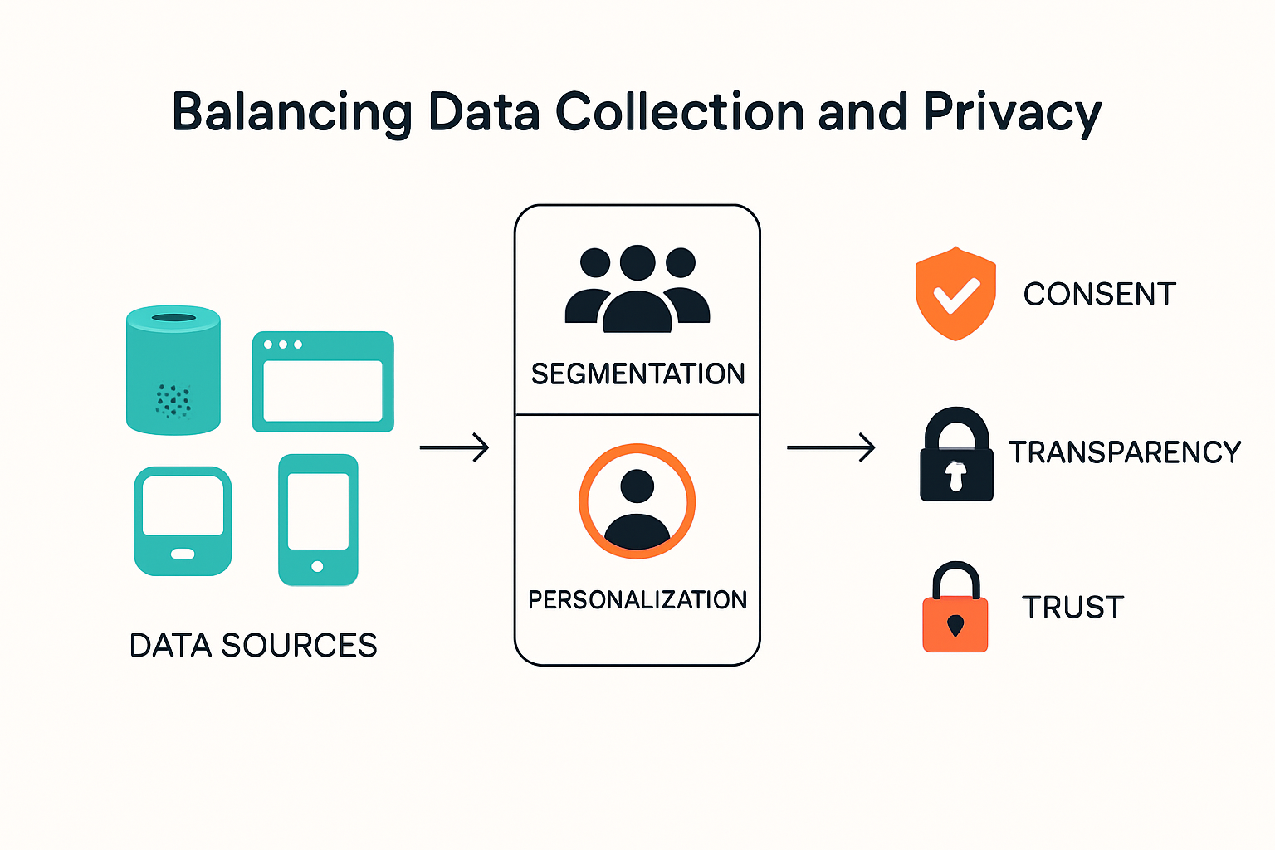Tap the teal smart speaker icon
[x=173, y=370]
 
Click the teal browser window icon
[x=323, y=382]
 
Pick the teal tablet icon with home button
[x=183, y=521]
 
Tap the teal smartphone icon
[x=318, y=520]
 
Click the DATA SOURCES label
[x=253, y=646]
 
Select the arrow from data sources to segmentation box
[x=454, y=447]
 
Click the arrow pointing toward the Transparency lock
[x=831, y=447]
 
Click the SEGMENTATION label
[x=637, y=374]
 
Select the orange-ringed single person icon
[x=637, y=501]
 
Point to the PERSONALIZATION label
[x=637, y=599]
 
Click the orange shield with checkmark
[x=955, y=293]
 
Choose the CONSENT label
[x=1099, y=294]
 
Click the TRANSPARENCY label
[x=1124, y=452]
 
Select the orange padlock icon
[x=955, y=608]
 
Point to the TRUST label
[x=1072, y=608]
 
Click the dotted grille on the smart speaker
[x=173, y=401]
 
